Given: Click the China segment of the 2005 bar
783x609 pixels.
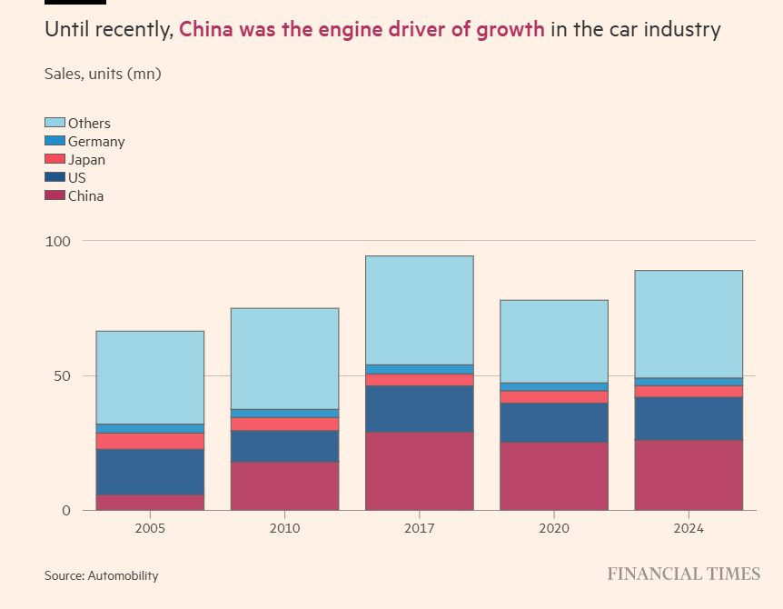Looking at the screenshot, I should [150, 503].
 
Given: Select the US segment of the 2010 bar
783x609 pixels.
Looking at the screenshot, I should [284, 446].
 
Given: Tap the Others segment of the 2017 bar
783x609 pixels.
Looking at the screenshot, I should [419, 310].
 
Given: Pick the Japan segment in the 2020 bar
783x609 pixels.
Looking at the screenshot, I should [553, 396].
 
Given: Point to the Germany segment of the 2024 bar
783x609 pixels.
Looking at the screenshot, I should [688, 382].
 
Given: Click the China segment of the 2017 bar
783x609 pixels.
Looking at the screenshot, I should [419, 471].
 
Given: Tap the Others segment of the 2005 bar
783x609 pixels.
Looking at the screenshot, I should [150, 377].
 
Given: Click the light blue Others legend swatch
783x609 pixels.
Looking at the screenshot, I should [55, 123].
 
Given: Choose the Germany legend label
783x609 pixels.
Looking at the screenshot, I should [96, 142].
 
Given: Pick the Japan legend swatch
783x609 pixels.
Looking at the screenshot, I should [55, 159].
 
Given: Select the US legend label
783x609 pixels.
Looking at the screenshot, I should [76, 178].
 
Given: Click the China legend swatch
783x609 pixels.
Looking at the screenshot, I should [55, 195].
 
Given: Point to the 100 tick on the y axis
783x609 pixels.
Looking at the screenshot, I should [56, 241].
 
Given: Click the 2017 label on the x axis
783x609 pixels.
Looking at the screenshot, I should [419, 528].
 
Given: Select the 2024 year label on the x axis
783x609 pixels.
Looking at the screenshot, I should [688, 528].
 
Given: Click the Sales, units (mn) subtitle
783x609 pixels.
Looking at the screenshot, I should [103, 74].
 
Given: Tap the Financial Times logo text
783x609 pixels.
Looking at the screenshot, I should [683, 574].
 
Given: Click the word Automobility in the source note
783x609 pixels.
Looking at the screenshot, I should [123, 575].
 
